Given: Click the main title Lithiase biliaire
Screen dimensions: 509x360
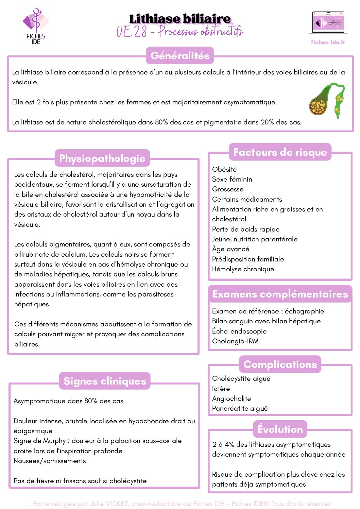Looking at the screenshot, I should pyautogui.click(x=180, y=19).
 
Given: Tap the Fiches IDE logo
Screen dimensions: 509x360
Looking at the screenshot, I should pyautogui.click(x=36, y=27).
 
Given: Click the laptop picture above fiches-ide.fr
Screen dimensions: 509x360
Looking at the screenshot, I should pyautogui.click(x=328, y=23).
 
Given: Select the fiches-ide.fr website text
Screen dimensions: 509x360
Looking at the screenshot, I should pyautogui.click(x=328, y=42).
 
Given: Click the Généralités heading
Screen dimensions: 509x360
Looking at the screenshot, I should pyautogui.click(x=180, y=55).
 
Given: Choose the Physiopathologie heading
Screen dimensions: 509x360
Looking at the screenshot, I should pyautogui.click(x=102, y=158).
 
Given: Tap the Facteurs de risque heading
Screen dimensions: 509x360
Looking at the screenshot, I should pyautogui.click(x=280, y=152).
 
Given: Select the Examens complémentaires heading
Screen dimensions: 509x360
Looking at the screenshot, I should pyautogui.click(x=280, y=294).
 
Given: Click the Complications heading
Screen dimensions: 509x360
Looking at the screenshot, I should pyautogui.click(x=280, y=364).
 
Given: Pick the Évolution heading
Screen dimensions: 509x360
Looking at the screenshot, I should pyautogui.click(x=280, y=429).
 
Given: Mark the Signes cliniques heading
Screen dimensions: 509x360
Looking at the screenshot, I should pyautogui.click(x=105, y=381).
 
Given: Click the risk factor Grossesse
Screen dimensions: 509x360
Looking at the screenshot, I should pyautogui.click(x=228, y=189).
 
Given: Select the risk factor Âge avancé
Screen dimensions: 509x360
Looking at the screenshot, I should pyautogui.click(x=230, y=249).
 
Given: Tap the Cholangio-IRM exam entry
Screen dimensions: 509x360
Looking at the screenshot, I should pyautogui.click(x=235, y=341).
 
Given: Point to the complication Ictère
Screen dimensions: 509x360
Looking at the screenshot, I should pyautogui.click(x=221, y=388).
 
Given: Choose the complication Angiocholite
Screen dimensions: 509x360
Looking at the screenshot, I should pyautogui.click(x=232, y=398).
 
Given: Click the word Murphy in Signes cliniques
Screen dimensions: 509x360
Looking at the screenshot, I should pyautogui.click(x=54, y=441).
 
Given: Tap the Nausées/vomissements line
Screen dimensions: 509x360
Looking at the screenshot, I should pyautogui.click(x=50, y=461).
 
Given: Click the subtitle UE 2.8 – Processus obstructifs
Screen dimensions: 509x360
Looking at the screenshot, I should pyautogui.click(x=180, y=32).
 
